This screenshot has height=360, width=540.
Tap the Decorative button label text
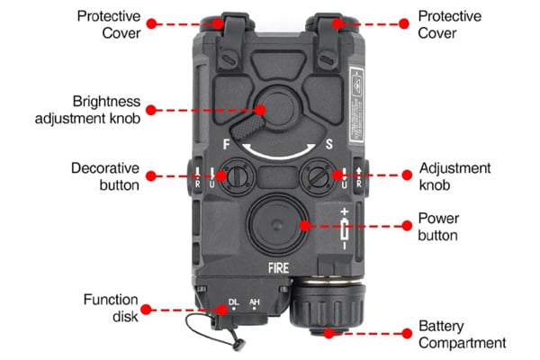pos(104,176)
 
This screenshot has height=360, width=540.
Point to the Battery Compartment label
pos(462,334)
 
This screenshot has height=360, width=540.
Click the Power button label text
pos(439,227)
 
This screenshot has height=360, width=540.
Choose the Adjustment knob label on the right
pos(454,176)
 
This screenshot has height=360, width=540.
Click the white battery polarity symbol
pos(344,228)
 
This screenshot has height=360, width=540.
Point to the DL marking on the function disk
pos(233,302)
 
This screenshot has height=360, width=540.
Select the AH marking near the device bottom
pos(254,302)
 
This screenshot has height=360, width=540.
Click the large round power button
pos(275,223)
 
